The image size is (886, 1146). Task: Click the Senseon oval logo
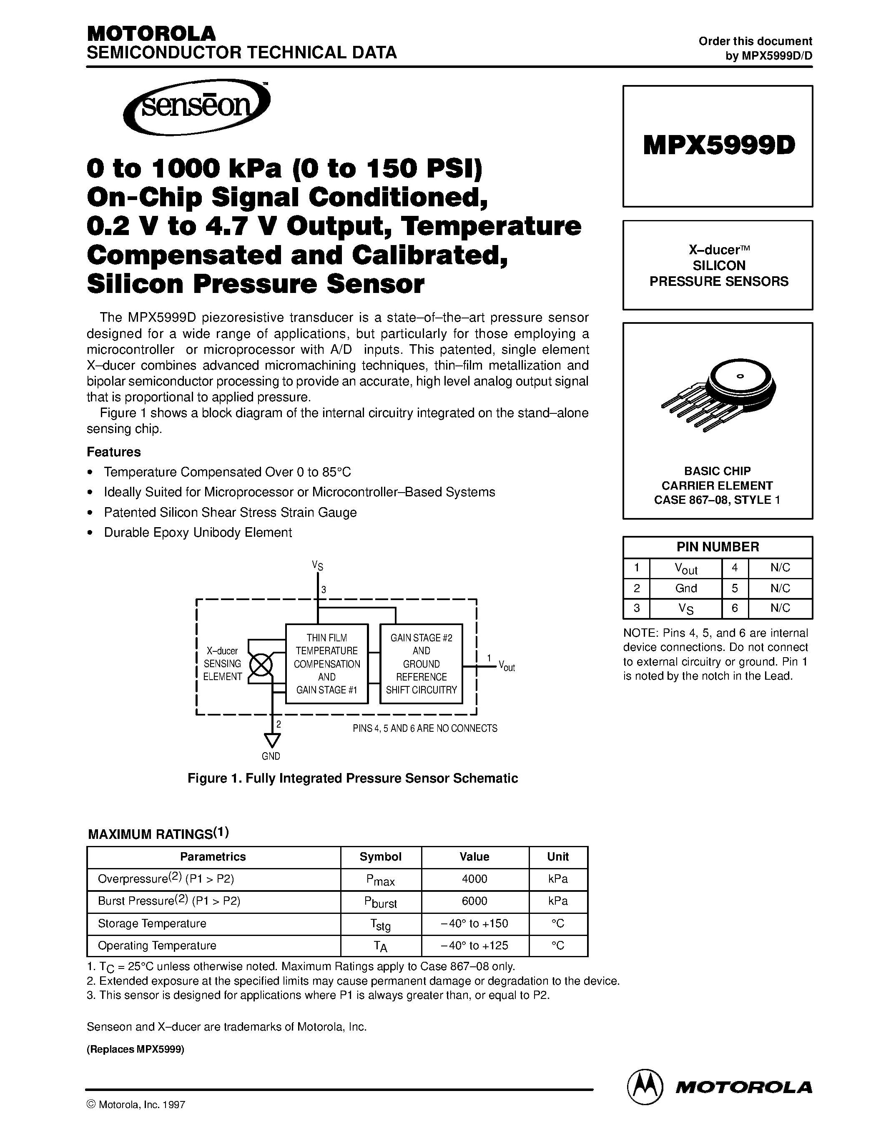[x=196, y=107]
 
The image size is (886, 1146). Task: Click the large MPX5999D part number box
[x=718, y=146]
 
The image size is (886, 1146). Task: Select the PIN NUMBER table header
[x=718, y=547]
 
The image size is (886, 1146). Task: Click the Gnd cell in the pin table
[x=685, y=588]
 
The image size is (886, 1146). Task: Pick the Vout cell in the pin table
[x=685, y=568]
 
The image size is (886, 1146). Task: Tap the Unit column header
[x=557, y=856]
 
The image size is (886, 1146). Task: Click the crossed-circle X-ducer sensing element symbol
[x=260, y=666]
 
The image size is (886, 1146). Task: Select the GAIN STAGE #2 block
[x=421, y=663]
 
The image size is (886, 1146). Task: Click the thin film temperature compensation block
[x=326, y=663]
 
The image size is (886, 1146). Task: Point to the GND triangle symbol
[x=272, y=740]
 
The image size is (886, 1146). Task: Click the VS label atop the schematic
[x=318, y=565]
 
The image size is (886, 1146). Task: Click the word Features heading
[x=113, y=452]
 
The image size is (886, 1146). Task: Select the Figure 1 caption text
[x=352, y=778]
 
